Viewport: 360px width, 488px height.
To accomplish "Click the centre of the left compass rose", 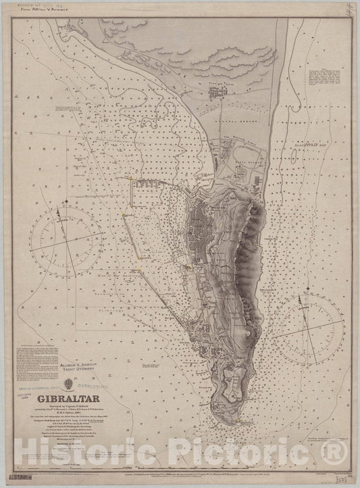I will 66,242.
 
